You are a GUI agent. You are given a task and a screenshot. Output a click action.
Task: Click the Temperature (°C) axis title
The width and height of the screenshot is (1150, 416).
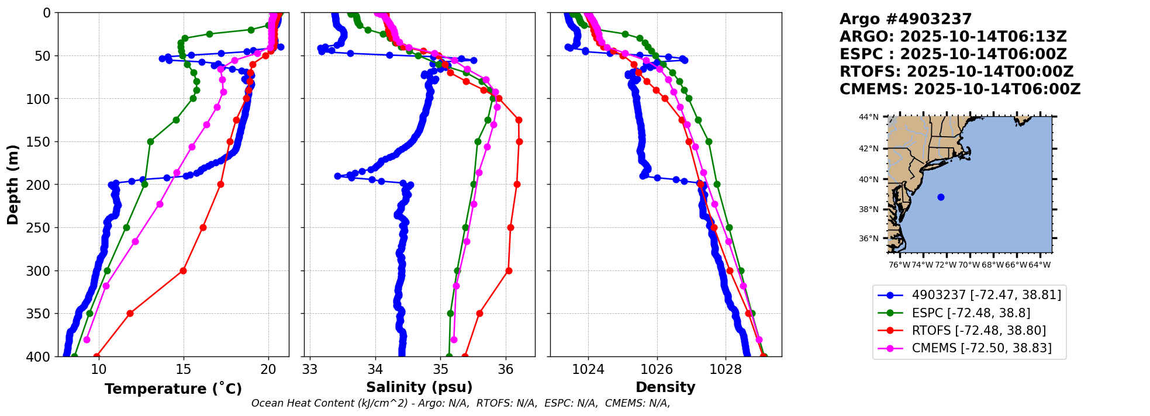point(173,389)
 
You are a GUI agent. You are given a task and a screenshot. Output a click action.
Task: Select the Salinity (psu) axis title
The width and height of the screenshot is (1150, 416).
point(419,387)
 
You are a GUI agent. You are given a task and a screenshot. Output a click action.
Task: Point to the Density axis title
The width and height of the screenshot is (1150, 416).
point(665,387)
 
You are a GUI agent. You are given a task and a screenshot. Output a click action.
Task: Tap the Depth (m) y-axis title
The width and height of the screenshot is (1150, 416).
point(12,185)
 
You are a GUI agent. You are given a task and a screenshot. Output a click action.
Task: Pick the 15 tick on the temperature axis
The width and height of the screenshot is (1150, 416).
point(184,369)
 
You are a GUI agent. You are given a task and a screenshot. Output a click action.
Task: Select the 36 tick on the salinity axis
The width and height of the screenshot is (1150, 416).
point(506,369)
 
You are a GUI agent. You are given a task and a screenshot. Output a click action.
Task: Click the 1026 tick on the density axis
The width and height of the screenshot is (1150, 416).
point(657,369)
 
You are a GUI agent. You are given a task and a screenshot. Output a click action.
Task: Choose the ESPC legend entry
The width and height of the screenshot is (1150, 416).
point(971,313)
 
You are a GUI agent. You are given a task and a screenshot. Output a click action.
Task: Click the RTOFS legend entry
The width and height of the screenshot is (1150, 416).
point(978,331)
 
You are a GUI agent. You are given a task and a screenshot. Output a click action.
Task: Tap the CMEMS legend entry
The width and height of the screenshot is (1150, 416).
point(981,348)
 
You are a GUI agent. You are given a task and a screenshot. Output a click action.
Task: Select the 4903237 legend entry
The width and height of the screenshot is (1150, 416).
point(986,295)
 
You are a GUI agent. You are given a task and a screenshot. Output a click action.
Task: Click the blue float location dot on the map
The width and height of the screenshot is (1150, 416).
point(941,197)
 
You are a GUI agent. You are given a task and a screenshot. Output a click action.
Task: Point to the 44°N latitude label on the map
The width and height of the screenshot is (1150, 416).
point(868,117)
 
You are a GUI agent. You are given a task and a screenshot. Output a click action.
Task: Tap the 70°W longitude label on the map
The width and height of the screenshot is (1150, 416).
point(969,265)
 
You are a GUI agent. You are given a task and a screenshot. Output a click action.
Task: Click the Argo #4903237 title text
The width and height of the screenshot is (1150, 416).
point(906,19)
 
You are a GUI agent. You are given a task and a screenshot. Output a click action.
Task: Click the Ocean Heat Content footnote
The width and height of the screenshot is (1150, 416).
point(461,403)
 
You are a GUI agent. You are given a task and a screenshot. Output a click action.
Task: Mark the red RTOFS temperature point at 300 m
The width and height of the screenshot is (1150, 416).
point(183,271)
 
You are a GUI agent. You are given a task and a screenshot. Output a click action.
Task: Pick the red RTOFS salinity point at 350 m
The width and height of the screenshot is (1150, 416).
point(479,313)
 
